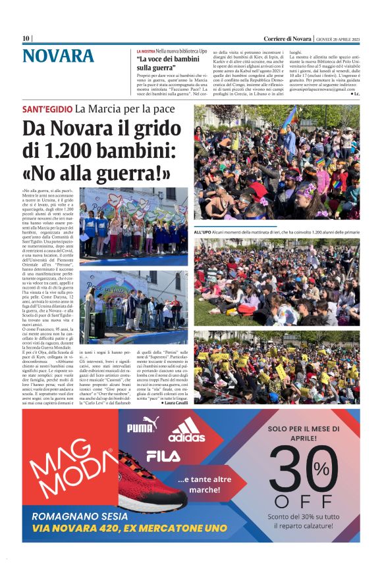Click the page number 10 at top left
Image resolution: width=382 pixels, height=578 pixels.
click(26, 38)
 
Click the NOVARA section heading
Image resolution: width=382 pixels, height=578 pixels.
click(58, 57)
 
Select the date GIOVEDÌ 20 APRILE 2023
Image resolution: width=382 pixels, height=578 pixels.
click(336, 38)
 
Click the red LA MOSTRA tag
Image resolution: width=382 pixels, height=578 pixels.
click(146, 51)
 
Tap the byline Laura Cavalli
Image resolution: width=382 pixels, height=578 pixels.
click(174, 402)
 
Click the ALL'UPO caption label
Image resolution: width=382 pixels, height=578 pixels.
click(202, 233)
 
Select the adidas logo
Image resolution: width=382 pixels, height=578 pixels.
click(186, 432)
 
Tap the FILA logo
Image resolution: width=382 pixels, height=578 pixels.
click(163, 455)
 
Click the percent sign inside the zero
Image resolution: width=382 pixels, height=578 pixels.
click(321, 468)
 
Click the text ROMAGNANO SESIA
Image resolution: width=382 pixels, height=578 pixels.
click(80, 516)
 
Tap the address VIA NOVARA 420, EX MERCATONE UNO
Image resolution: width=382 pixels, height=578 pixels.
click(124, 528)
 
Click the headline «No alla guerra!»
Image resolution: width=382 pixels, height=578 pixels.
click(96, 173)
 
